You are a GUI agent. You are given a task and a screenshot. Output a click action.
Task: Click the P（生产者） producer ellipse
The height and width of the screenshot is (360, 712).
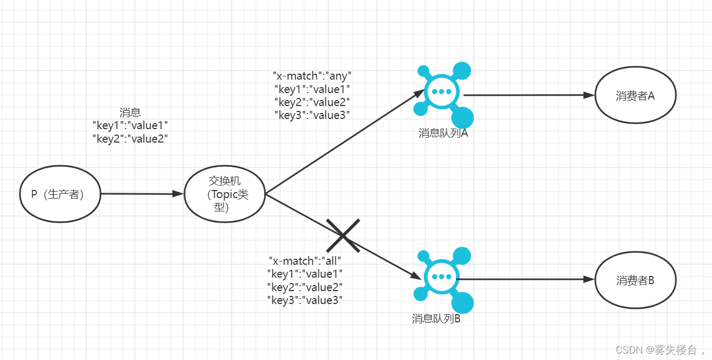coord(60,194)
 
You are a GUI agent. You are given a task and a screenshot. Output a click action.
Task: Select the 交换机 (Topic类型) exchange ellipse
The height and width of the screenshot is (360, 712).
coord(225,194)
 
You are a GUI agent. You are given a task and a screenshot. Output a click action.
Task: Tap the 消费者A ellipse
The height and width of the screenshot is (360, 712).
coord(635,95)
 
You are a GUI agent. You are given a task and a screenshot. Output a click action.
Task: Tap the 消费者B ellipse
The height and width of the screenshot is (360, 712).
coord(635,280)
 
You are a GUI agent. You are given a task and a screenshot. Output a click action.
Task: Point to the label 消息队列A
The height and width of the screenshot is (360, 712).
coord(443,133)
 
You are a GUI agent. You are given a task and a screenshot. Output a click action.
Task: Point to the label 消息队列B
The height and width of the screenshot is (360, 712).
coord(436,319)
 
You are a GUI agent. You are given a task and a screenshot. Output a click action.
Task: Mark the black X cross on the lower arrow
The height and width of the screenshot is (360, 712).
coord(343,235)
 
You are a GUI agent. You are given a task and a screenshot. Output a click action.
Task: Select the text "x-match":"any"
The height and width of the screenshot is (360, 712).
coord(312,76)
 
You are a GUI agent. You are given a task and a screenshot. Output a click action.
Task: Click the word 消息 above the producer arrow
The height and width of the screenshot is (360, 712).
coord(130,112)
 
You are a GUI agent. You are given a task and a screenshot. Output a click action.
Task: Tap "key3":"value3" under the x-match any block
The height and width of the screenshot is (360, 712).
coord(312,115)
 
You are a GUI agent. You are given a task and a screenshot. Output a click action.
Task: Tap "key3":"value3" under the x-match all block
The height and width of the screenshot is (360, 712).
coord(305,300)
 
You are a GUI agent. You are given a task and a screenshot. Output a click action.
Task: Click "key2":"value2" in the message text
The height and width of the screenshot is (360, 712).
coord(130,138)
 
